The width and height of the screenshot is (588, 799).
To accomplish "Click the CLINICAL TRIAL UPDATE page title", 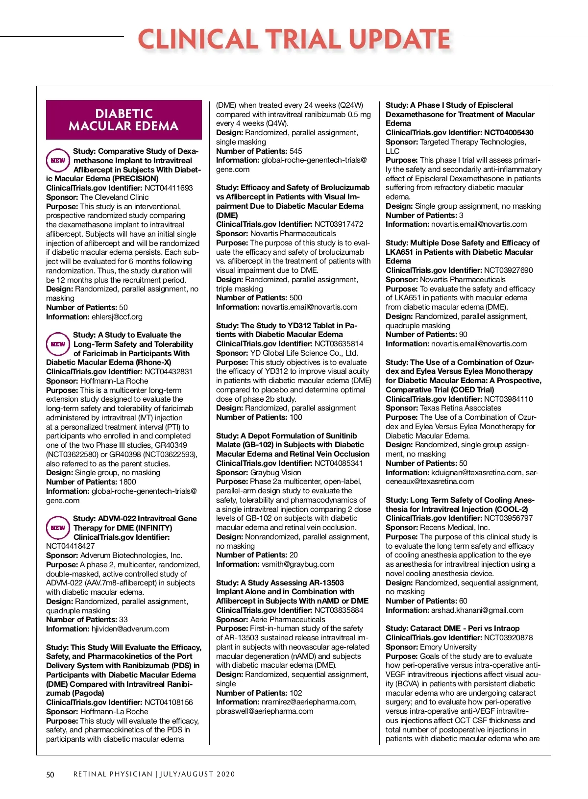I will coord(294,39).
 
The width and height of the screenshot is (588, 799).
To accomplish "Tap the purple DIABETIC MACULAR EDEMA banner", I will coord(123,120).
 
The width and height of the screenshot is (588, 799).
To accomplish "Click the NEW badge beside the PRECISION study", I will coord(58,160).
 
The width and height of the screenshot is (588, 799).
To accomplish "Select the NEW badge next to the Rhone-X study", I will coord(58,344).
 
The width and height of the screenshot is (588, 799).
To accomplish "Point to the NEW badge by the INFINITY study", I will coord(58,528).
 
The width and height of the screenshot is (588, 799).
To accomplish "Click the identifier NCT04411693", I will coord(169,188).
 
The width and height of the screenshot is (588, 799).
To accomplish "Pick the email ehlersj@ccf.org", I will coord(117,317).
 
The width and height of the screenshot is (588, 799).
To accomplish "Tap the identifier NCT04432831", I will coord(169,372).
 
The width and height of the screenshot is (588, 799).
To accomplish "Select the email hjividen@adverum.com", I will coord(130,629).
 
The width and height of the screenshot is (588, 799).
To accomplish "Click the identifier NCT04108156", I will coord(169,702).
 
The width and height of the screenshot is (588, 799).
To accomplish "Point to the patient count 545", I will coord(295,151).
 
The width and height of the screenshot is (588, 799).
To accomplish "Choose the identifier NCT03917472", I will coord(339,224).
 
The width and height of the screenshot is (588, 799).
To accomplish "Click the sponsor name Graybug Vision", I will coord(276,473).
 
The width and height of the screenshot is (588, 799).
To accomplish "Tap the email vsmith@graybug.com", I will coord(298,564).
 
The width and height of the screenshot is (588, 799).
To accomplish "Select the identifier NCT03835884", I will coord(339,610).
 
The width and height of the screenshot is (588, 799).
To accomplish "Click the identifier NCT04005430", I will coord(509,133).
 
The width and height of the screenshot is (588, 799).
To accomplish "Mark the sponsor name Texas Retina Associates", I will coord(461,408).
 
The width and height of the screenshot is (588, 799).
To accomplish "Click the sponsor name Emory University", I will coord(448,647).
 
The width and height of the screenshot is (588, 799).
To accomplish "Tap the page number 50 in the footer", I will coord(50,775).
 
